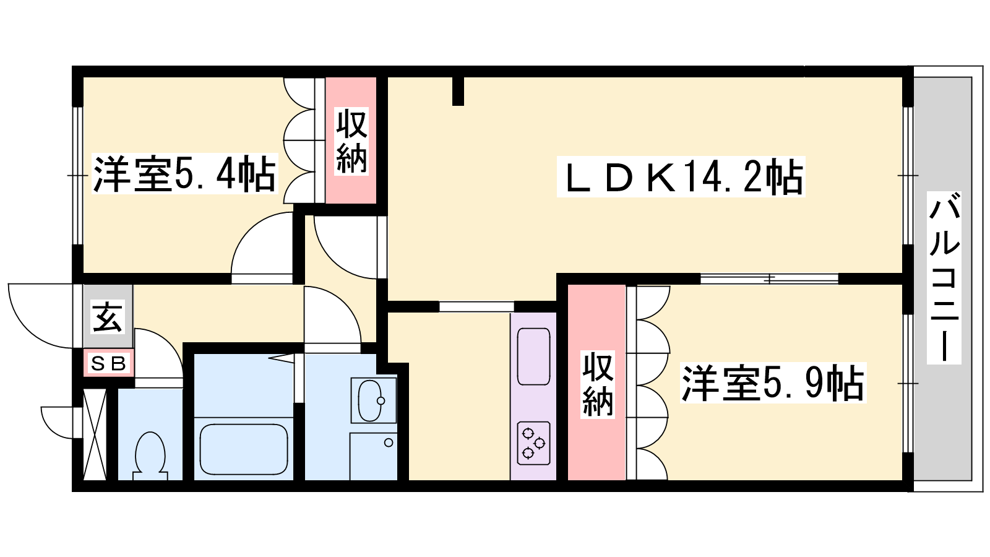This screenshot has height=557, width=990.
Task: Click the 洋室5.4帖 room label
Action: coord(185,174)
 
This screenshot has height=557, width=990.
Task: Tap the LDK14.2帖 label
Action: coord(681,177)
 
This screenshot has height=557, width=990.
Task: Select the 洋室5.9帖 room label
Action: coord(773,383)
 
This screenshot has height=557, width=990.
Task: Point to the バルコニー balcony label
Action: coord(944,278)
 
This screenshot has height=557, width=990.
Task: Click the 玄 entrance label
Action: coord(108,316)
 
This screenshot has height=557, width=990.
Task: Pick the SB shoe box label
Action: coord(109,363)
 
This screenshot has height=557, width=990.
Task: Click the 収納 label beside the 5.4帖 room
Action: coord(351,142)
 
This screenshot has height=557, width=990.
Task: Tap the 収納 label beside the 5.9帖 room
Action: coord(598,384)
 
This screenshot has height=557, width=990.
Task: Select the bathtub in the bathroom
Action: coord(244,449)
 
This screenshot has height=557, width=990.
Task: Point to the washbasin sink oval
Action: coord(371,400)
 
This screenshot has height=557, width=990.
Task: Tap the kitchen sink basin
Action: coord(534,356)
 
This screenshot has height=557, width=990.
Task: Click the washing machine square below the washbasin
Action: coord(374,457)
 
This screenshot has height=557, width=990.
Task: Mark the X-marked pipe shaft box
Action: coord(95,434)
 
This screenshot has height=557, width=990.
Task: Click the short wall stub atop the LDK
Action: coord(458,92)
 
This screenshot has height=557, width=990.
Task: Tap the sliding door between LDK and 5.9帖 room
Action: coord(769,279)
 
